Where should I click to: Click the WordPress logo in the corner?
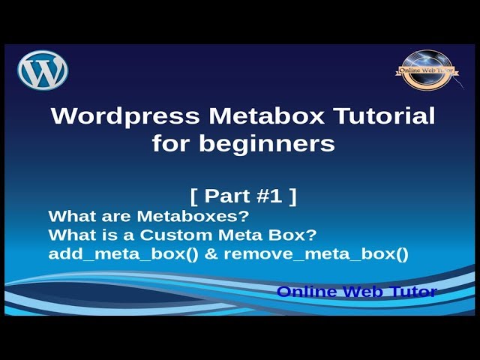tap(43, 70)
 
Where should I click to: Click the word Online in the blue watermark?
tap(304, 292)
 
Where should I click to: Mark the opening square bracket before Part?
tap(194, 196)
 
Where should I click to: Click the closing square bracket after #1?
tap(292, 196)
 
